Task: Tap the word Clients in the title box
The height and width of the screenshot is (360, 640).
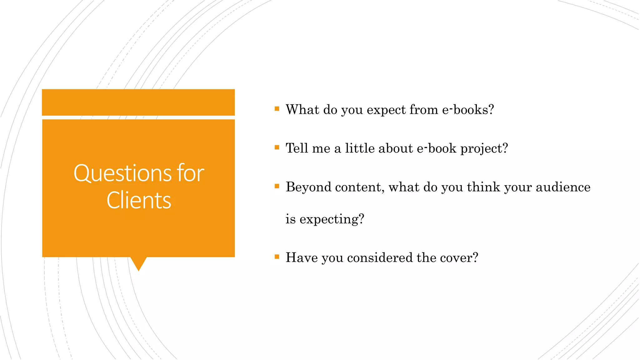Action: pos(139,200)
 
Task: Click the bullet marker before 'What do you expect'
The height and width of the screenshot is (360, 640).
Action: pos(277,109)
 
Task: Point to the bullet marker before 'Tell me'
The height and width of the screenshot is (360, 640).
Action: pos(277,147)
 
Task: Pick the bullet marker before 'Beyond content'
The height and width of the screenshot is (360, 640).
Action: pos(277,186)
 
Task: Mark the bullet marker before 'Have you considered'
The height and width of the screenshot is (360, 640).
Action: pos(277,257)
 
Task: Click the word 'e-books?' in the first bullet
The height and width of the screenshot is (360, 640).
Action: pos(468,110)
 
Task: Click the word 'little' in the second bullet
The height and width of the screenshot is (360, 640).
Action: pos(360,148)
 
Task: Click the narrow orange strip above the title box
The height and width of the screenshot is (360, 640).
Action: pos(138,102)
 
